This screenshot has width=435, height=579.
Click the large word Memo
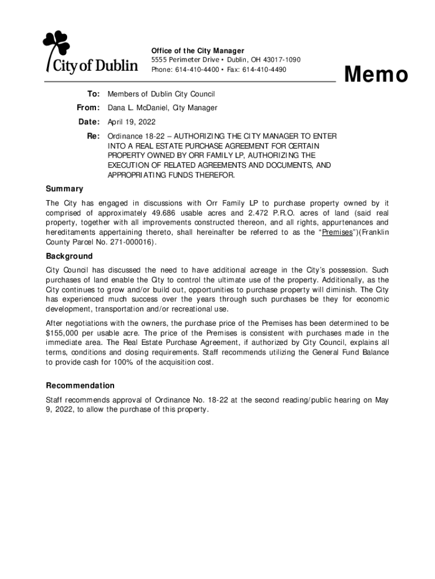point(376,75)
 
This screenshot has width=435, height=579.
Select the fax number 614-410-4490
point(264,70)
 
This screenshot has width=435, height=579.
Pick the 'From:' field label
point(88,107)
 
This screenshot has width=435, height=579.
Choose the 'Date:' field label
point(89,122)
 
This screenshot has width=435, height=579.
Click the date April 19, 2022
point(132,122)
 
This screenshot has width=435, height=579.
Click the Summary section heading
point(64,189)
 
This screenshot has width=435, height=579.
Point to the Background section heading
point(69,256)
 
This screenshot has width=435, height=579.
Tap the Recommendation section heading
point(80,386)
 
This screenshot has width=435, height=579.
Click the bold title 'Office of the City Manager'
point(198,51)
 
